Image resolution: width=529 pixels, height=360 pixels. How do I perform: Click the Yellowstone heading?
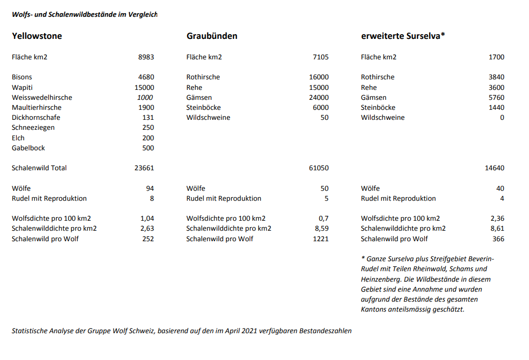(37, 36)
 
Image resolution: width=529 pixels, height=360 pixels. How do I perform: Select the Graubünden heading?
(212, 36)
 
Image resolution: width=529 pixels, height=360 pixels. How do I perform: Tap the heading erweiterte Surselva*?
(403, 36)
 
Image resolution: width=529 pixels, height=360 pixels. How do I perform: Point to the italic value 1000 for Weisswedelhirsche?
(145, 97)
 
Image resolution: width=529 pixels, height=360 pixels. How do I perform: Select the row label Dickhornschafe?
(36, 118)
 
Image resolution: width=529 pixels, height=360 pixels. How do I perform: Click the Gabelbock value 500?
(148, 148)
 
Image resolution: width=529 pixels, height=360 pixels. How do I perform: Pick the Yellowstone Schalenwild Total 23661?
(144, 168)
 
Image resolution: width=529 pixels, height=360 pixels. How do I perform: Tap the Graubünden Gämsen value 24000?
(319, 97)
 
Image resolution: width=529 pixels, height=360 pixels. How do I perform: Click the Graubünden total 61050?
(319, 168)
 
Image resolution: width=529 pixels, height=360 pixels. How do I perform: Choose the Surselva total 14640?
(494, 168)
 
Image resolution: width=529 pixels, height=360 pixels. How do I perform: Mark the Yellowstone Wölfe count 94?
(150, 188)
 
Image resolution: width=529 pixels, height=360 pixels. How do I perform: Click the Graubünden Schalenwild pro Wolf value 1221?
(320, 239)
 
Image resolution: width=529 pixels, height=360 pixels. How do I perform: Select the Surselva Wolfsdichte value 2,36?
(496, 219)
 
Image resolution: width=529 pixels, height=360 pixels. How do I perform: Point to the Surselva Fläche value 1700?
(496, 57)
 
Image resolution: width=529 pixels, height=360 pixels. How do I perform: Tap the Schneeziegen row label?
(33, 128)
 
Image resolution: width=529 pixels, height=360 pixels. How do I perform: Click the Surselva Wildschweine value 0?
(502, 118)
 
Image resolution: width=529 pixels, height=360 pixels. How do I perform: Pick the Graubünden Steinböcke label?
(204, 108)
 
